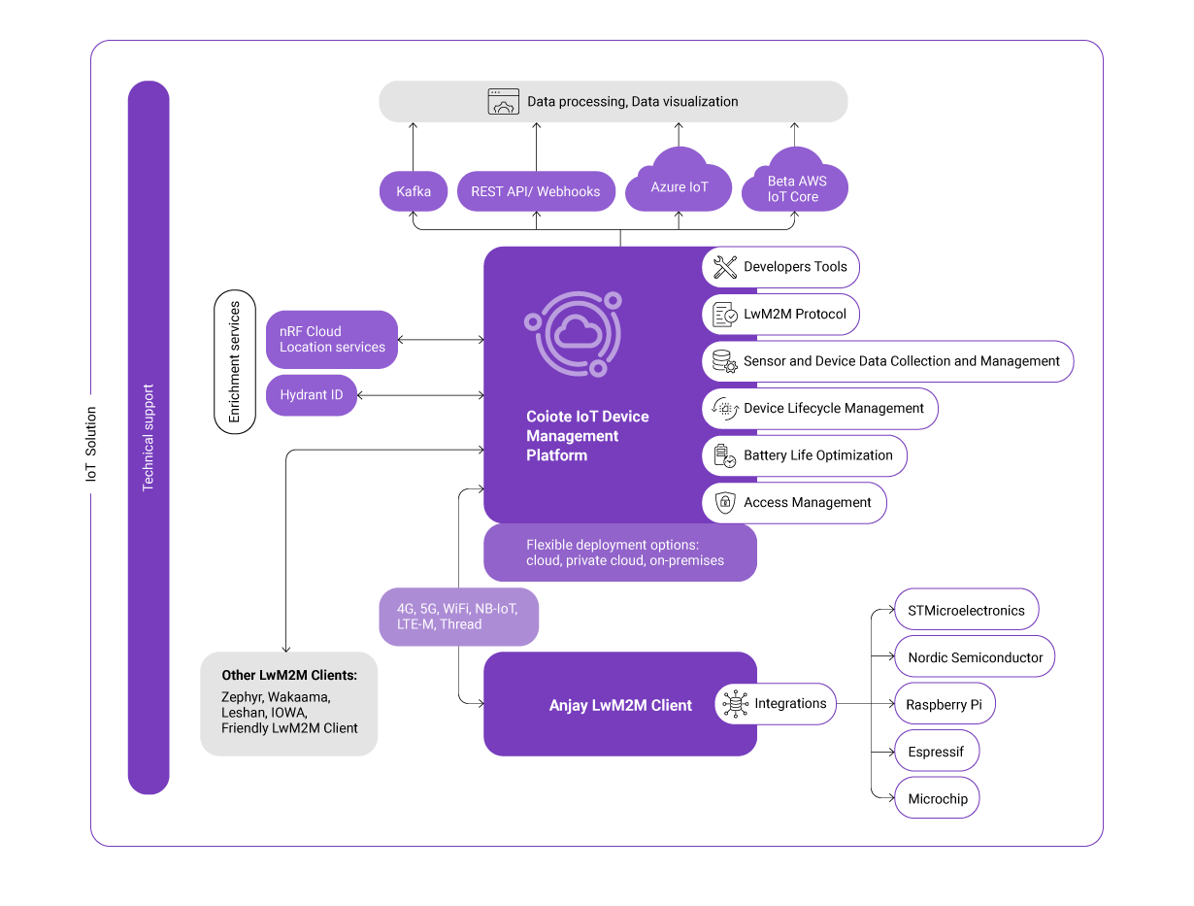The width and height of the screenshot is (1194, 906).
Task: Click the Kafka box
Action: point(413,191)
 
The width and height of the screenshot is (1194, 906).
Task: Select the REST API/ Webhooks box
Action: point(535,191)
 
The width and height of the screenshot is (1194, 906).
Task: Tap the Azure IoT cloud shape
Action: point(679,185)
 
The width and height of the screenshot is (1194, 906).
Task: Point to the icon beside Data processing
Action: point(503,102)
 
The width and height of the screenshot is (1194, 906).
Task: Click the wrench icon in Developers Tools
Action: point(724,267)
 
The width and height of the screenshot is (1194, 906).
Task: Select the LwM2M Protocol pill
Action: point(780,314)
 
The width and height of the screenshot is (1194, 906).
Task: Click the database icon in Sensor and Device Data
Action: point(724,361)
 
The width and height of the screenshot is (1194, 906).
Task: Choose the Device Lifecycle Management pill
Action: point(819,408)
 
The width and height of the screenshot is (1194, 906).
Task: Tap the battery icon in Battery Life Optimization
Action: point(724,455)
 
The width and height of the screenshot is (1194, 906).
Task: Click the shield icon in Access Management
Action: point(724,503)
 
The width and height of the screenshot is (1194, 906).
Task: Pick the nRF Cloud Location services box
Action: point(332,339)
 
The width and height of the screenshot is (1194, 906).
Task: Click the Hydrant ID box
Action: point(311,395)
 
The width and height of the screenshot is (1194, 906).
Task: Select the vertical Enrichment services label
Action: point(234,361)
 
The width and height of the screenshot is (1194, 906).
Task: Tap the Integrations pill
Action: point(775,704)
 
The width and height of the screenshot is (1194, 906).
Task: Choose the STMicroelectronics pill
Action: point(966,611)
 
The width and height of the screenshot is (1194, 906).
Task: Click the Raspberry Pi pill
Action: point(944,705)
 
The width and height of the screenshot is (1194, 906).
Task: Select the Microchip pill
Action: point(937,799)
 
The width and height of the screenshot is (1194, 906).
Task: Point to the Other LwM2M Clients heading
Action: point(288,675)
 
